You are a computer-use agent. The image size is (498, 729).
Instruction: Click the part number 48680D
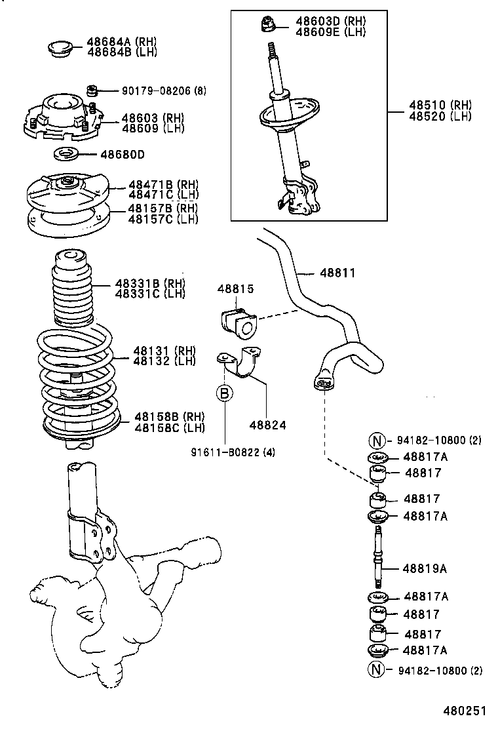123,155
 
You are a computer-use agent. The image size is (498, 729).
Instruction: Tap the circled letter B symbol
225,393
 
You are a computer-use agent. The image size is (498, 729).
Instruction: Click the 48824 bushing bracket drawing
242,364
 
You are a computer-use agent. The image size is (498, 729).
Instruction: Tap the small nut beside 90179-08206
93,89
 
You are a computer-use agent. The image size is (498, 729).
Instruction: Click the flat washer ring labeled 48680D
66,155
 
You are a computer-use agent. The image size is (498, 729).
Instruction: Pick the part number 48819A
425,568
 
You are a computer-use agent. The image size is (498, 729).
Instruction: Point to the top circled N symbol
377,441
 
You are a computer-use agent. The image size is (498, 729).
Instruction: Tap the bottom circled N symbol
377,670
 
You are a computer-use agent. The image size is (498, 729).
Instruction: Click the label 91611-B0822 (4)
233,452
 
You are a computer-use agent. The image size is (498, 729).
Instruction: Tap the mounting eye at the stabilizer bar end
322,383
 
